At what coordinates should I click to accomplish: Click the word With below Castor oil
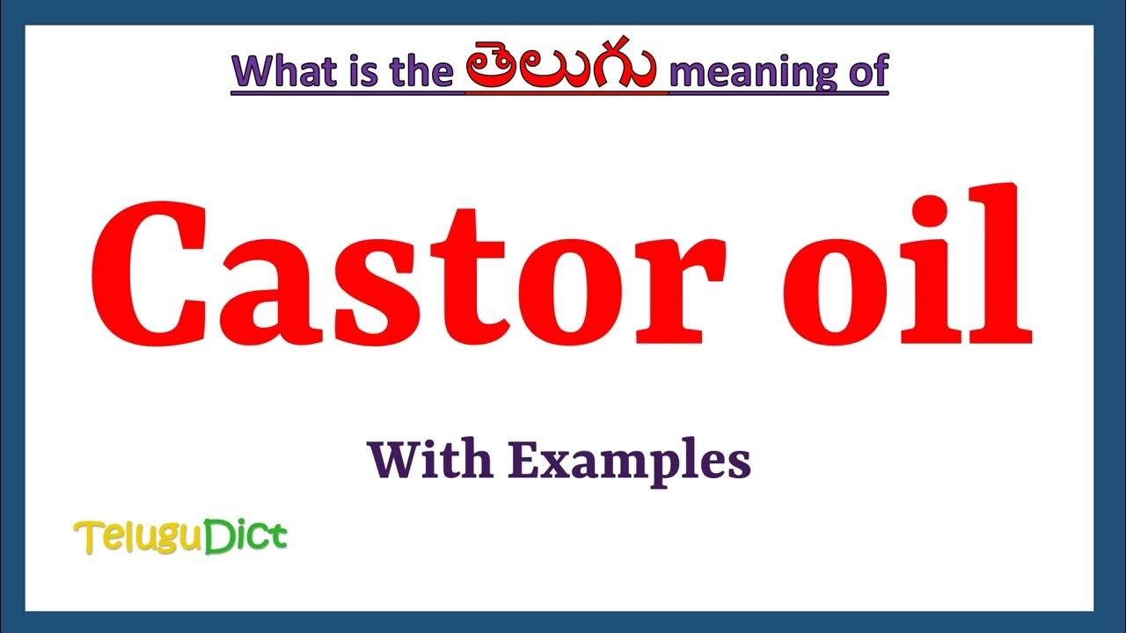431,460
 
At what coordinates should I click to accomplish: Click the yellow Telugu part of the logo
138,537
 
